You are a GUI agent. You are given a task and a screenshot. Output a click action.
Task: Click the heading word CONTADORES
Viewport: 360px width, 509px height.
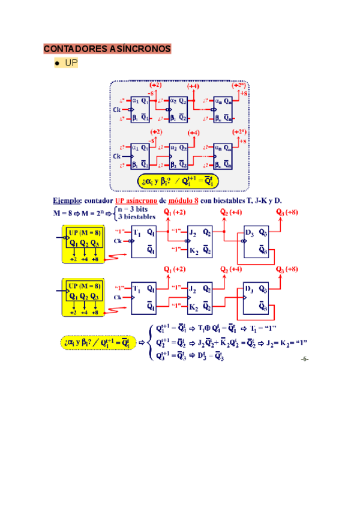[x=71, y=48]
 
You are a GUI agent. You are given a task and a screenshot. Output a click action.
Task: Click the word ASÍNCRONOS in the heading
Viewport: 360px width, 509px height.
[x=137, y=48]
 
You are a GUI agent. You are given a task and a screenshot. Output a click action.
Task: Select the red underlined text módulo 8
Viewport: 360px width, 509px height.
[x=187, y=200]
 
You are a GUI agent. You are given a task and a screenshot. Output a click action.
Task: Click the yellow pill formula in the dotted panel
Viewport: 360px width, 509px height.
[x=178, y=179]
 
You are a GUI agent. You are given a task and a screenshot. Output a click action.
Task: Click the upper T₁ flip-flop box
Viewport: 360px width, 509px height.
[x=143, y=241]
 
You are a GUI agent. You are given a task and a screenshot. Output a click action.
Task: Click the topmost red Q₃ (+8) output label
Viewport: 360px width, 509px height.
[x=287, y=212]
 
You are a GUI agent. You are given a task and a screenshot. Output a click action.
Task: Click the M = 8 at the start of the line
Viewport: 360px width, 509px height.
[x=64, y=213]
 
